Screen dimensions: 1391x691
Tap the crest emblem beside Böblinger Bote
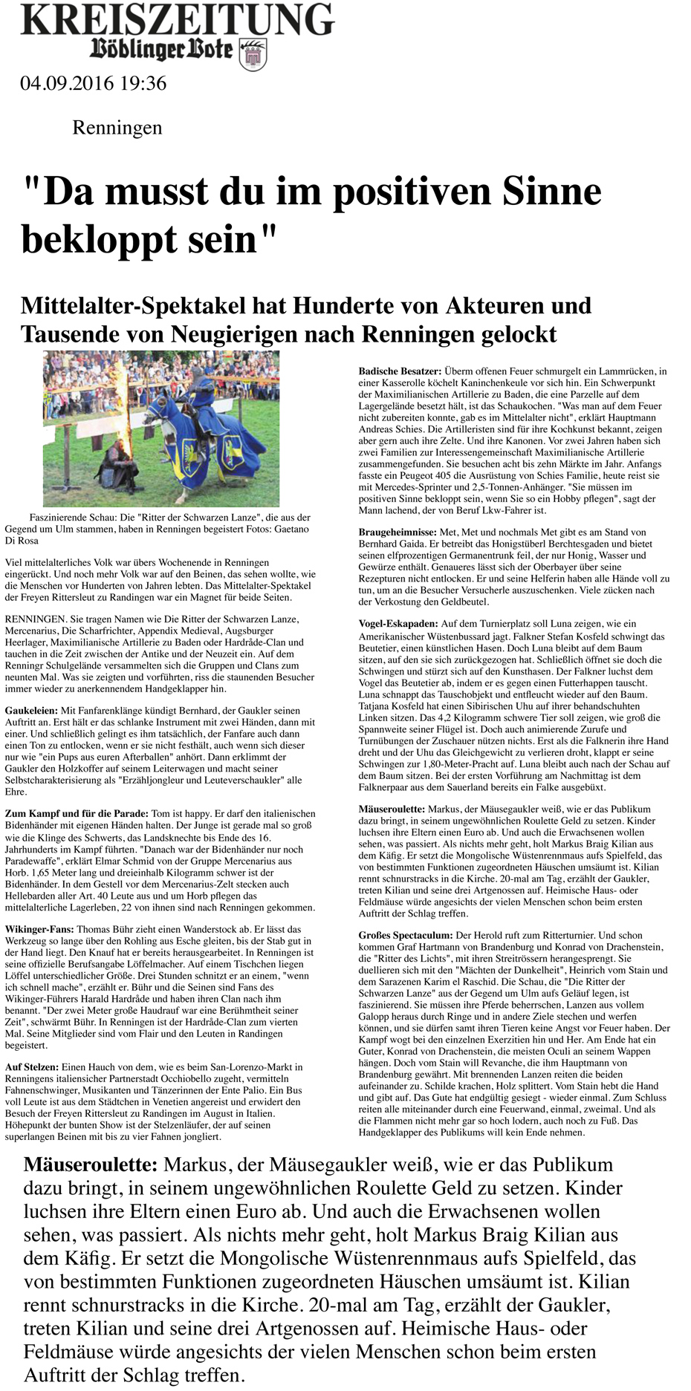253,53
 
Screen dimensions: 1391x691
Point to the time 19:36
143,83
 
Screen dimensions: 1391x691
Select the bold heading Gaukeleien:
32,711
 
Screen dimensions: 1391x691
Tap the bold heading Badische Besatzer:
400,371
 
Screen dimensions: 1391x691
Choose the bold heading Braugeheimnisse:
398,532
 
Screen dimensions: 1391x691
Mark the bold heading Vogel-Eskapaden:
398,625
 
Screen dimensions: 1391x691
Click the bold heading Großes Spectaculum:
405,936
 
